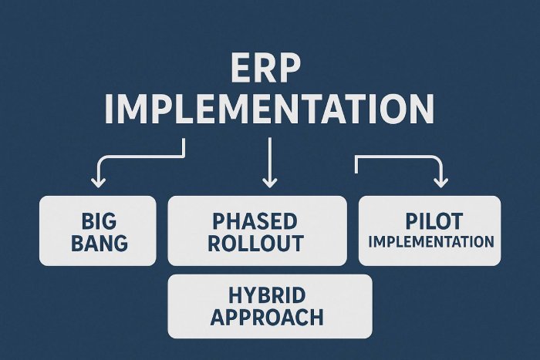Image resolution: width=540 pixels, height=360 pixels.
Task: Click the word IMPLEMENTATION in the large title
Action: tap(269, 109)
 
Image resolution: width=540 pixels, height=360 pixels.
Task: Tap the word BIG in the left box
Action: tap(99, 221)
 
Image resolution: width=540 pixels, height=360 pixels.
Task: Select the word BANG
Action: tap(100, 243)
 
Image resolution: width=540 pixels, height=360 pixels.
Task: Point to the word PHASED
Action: tap(255, 221)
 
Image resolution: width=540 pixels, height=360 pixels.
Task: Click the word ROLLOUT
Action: tap(256, 243)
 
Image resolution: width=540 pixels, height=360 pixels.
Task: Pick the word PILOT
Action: tap(434, 221)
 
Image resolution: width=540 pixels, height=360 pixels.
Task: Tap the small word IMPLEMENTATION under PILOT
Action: tap(431, 241)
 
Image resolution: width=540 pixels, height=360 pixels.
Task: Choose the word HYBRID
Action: tap(267, 295)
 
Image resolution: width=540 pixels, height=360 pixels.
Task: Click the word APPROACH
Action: tap(267, 317)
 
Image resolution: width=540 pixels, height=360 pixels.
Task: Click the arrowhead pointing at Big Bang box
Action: tap(99, 183)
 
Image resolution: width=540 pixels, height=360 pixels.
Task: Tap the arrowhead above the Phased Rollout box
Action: tap(270, 183)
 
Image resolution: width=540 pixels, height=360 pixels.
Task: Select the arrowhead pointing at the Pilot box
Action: tap(440, 183)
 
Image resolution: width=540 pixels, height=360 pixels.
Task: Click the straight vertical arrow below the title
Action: tap(270, 163)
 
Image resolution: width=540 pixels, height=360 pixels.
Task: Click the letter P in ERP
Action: tap(289, 68)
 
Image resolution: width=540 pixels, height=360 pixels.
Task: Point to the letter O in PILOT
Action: tap(440, 221)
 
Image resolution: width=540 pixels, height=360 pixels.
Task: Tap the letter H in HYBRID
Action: tap(235, 295)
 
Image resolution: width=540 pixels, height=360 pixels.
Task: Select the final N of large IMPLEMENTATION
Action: tap(423, 109)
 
